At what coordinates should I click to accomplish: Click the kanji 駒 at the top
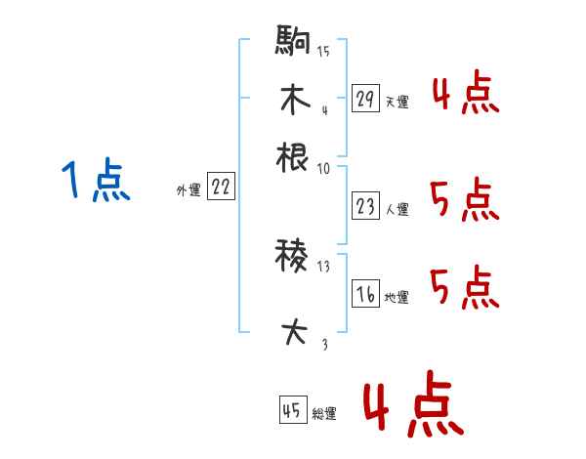coord(293,44)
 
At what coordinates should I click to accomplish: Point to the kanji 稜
coord(293,259)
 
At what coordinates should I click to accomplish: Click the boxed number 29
coord(366,99)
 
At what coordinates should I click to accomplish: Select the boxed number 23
coord(366,206)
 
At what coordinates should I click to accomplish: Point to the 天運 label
coord(397,102)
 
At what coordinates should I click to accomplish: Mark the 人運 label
coord(397,209)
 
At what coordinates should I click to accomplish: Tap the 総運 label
coord(324,413)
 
